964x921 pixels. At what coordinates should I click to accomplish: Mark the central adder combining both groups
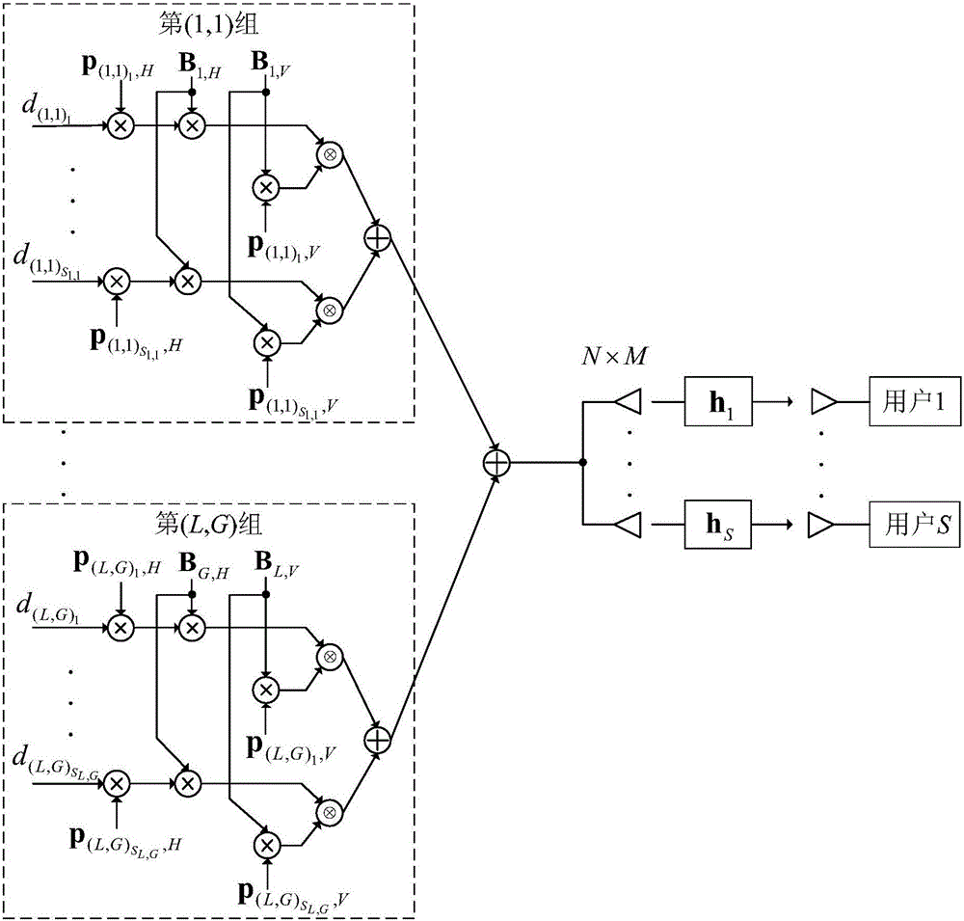[x=495, y=463]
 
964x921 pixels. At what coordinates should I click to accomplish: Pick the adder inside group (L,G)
[x=377, y=739]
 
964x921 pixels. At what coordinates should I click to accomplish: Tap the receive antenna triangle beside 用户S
[x=821, y=525]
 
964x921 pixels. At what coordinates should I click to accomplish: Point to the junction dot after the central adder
[x=582, y=463]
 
